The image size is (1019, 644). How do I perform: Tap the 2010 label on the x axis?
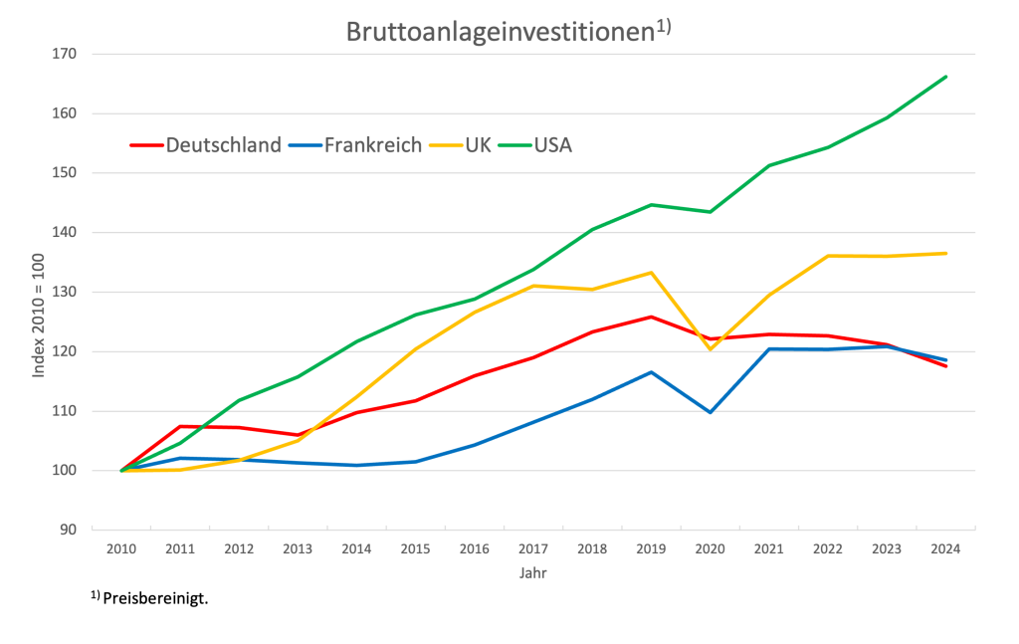click(x=121, y=548)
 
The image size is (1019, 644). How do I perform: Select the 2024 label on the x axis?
click(x=944, y=548)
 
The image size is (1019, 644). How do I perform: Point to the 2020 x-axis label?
click(x=710, y=548)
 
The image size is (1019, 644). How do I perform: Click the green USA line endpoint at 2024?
click(x=944, y=77)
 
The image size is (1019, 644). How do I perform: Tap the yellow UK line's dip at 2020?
click(x=710, y=348)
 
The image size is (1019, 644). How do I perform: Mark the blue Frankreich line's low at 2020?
click(x=710, y=411)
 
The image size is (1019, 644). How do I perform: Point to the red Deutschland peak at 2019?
click(x=651, y=317)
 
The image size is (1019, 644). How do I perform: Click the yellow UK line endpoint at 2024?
click(x=944, y=254)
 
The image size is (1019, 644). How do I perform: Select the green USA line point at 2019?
click(x=651, y=205)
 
